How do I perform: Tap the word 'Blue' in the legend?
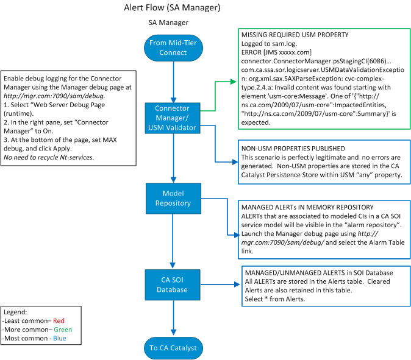59,338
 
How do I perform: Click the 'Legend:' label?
17,312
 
